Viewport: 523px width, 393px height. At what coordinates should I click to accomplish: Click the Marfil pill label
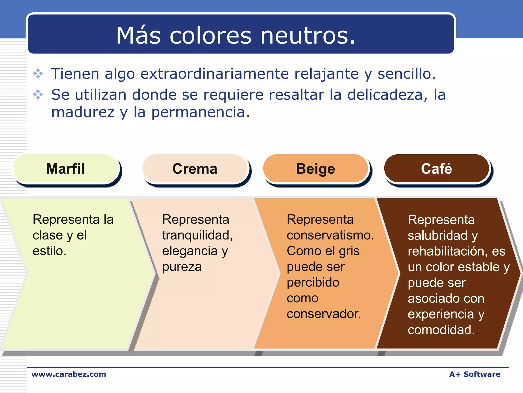point(65,169)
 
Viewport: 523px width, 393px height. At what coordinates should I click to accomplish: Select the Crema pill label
point(195,169)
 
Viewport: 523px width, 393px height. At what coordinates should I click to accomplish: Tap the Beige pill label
point(315,169)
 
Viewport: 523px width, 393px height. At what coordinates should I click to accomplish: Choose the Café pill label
point(436,169)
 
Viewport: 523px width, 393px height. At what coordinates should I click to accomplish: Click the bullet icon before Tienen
point(38,74)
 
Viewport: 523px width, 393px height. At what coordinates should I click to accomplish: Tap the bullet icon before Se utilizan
point(38,95)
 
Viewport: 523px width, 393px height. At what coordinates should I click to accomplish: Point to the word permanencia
point(200,113)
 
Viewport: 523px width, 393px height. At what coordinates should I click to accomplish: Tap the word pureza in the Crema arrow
point(182,267)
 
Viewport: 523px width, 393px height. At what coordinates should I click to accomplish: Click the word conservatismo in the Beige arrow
point(330,235)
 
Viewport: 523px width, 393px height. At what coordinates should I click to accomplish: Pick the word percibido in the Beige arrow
point(313,282)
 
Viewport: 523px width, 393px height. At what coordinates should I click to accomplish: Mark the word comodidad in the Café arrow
point(439,330)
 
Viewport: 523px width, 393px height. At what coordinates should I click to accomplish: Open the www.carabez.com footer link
point(69,374)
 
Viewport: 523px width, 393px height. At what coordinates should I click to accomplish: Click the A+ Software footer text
point(474,374)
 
